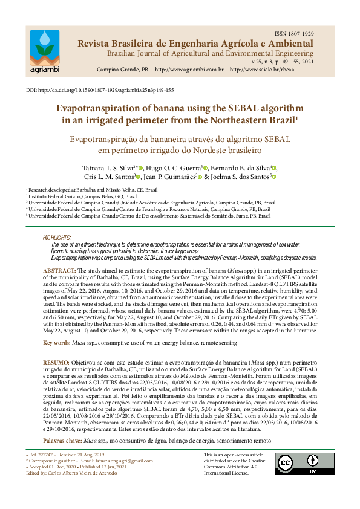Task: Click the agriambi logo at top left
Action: [44, 50]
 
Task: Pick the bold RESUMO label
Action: [56, 360]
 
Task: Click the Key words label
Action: [56, 343]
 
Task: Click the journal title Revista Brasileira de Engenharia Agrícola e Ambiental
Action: [194, 44]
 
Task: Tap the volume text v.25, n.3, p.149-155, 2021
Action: [281, 62]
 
